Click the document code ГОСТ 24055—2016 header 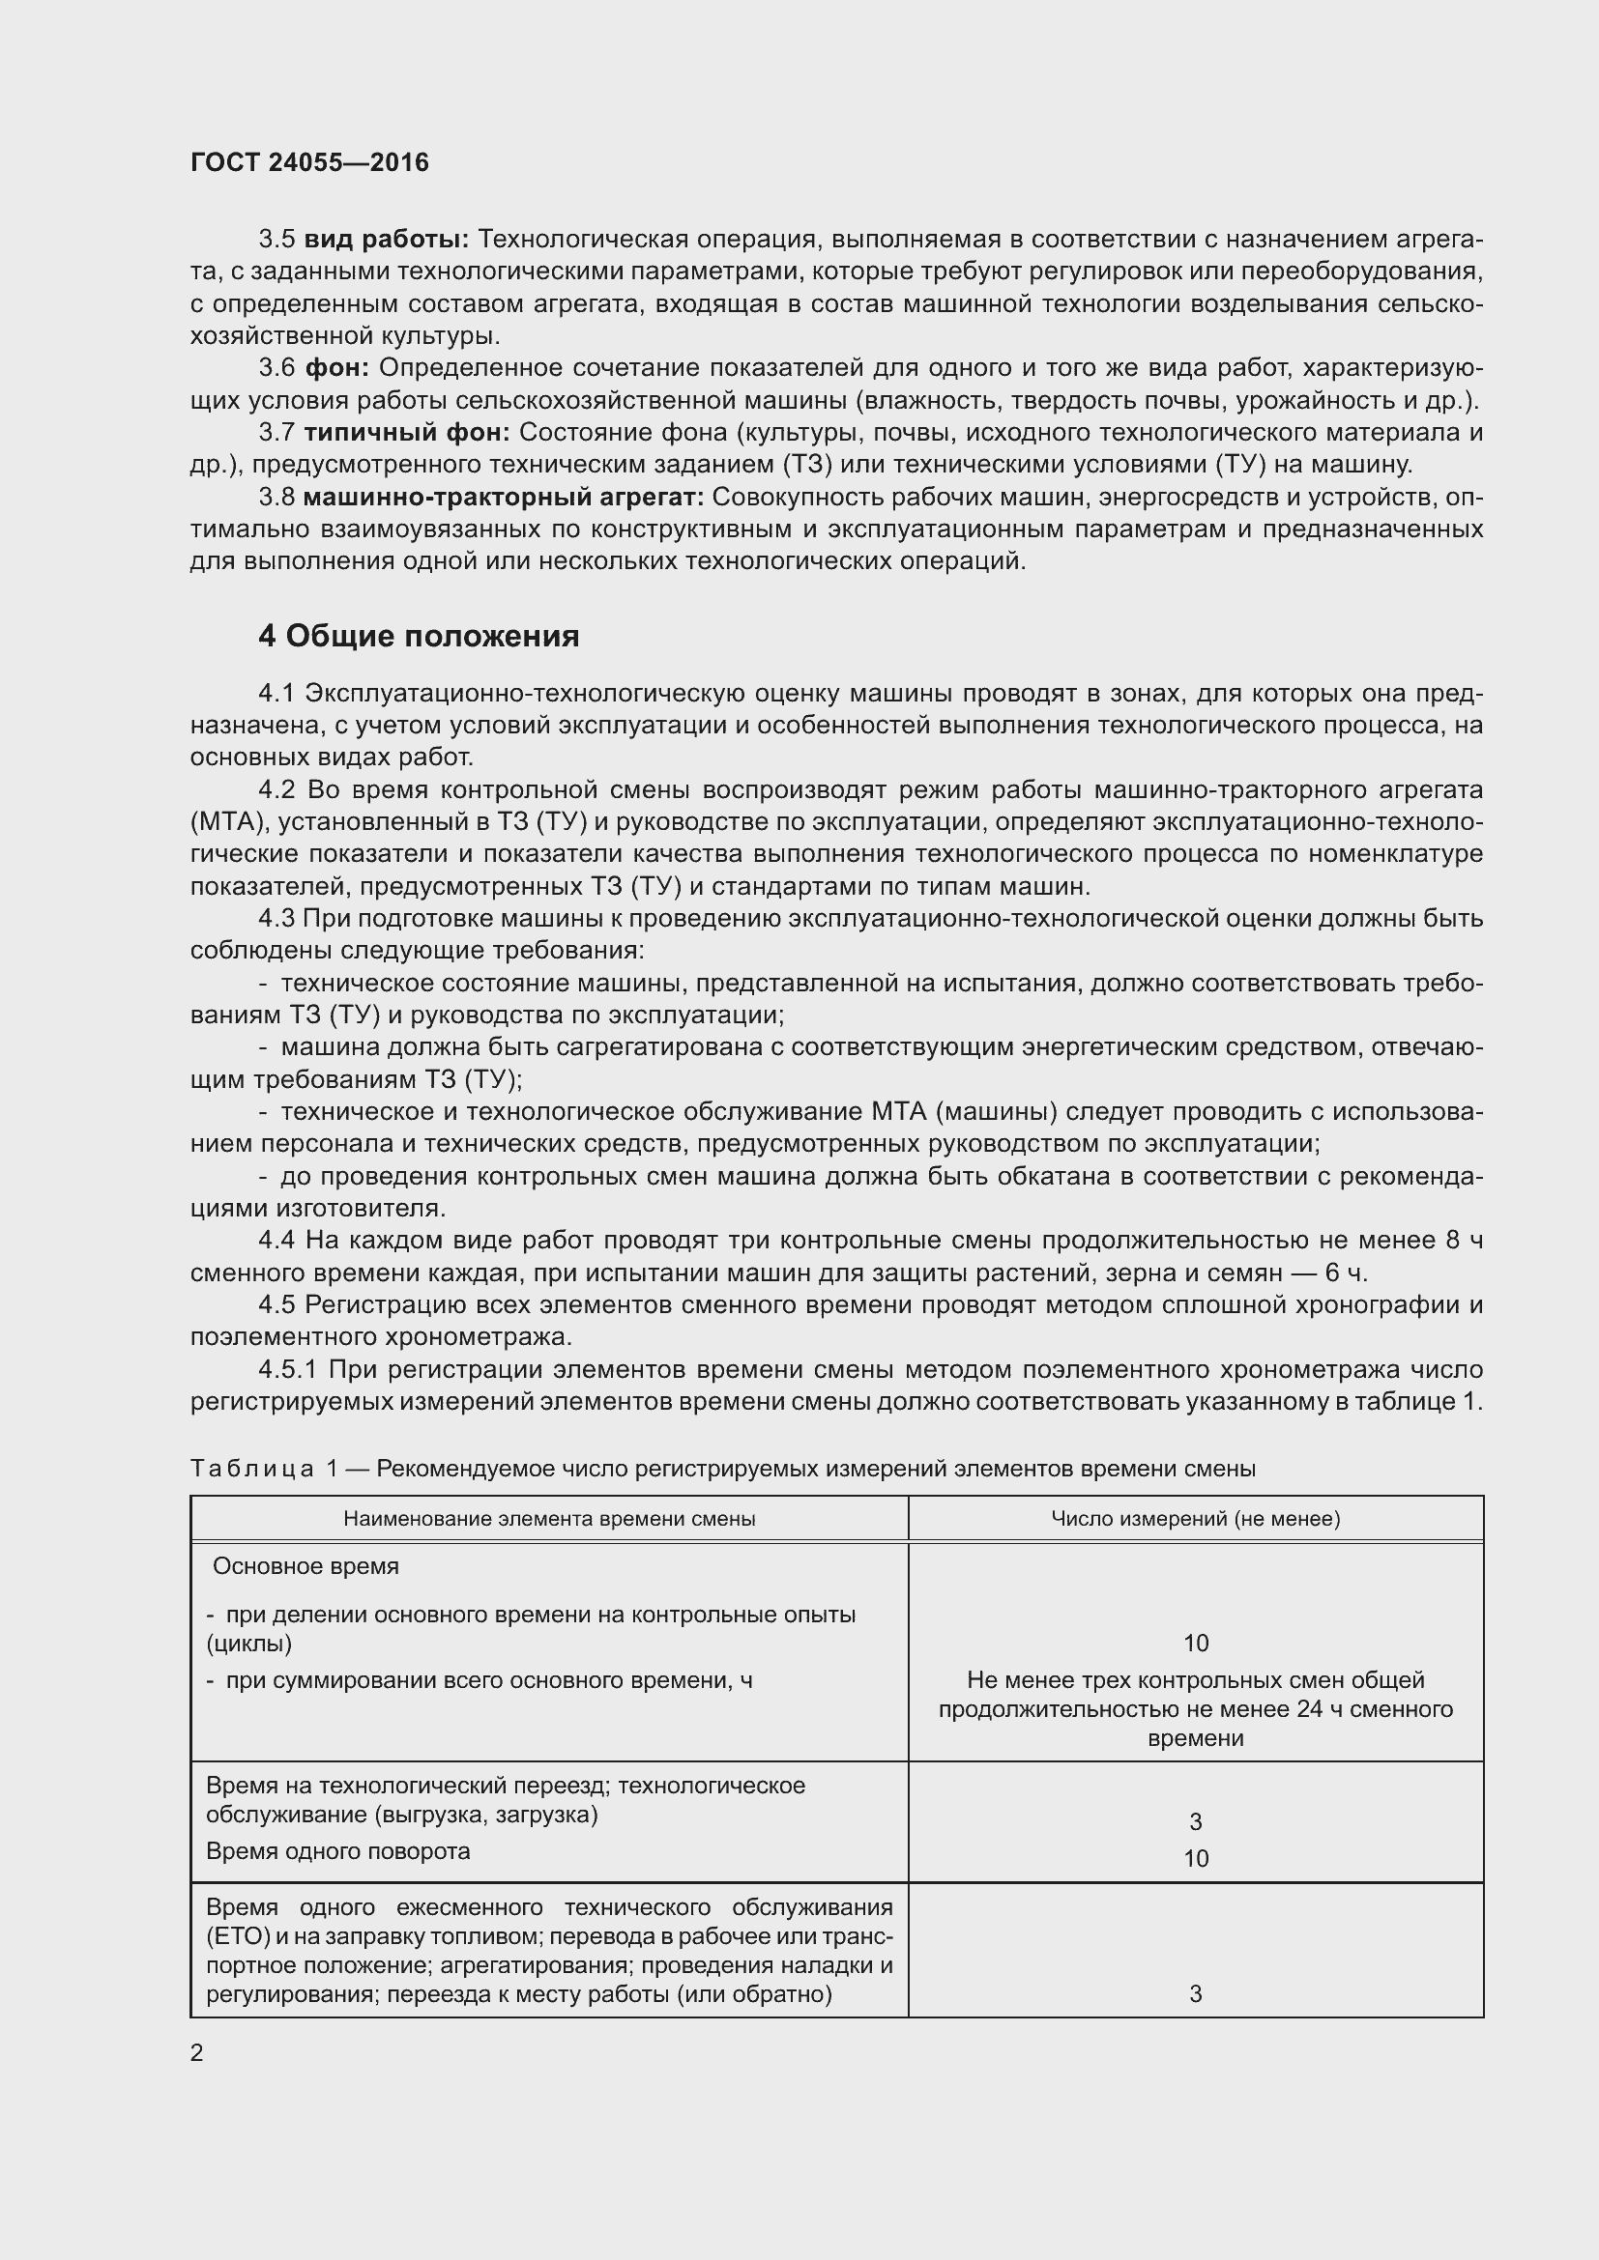(x=309, y=162)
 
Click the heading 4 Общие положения (x=419, y=637)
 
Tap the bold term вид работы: (x=386, y=240)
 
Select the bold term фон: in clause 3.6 (x=336, y=368)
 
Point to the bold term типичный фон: (x=406, y=432)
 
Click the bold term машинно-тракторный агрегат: (x=503, y=497)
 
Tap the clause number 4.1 (x=276, y=693)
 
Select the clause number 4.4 (x=276, y=1242)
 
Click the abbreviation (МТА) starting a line (x=225, y=822)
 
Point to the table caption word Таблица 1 (x=264, y=1470)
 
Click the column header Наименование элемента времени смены (x=549, y=1519)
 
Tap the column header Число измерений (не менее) (x=1195, y=1519)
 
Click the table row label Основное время (x=305, y=1566)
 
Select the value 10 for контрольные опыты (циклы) (x=1195, y=1643)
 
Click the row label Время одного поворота (x=337, y=1851)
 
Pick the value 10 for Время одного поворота (x=1195, y=1858)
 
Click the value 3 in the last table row (x=1195, y=1994)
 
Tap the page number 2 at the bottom (x=197, y=2053)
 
